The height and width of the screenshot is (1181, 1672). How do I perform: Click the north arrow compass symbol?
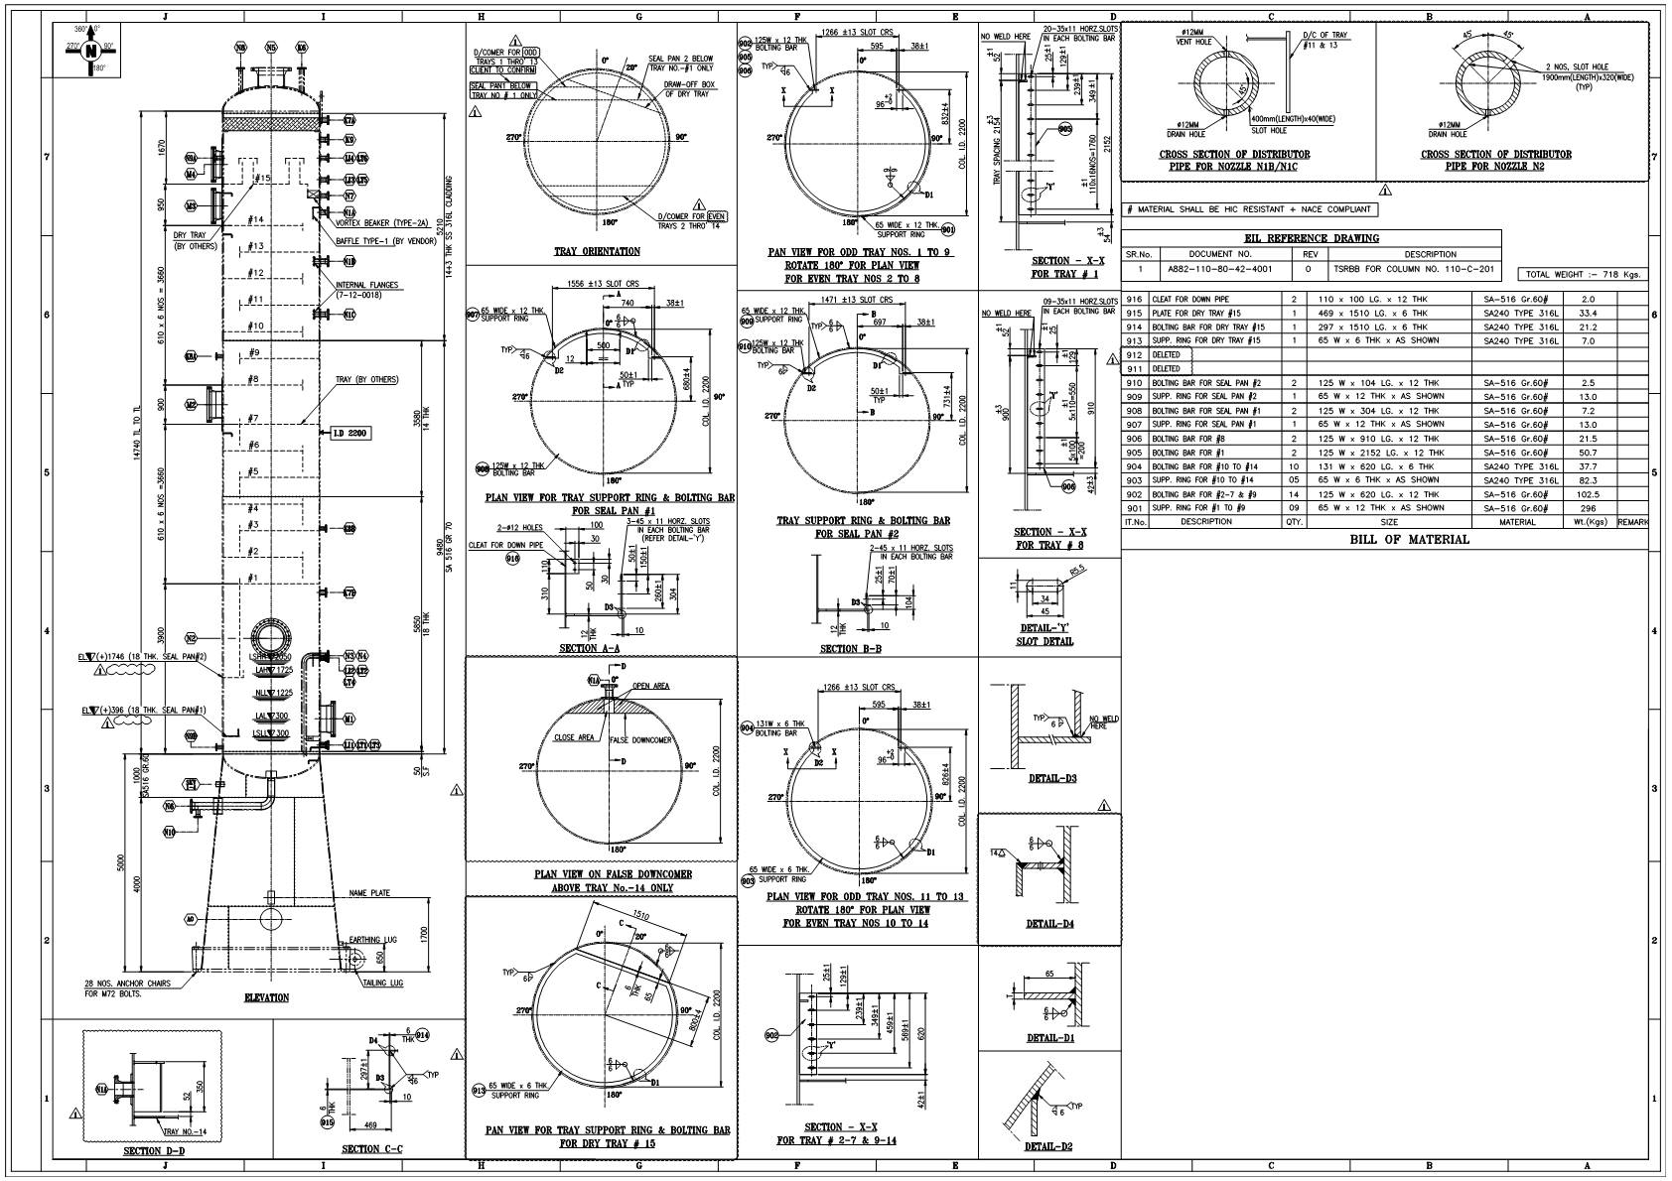(x=90, y=50)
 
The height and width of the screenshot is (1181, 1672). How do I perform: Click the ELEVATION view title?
(x=267, y=997)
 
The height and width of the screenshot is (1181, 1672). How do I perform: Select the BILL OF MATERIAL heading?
(x=1409, y=540)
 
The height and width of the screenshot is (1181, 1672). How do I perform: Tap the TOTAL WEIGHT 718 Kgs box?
(x=1583, y=274)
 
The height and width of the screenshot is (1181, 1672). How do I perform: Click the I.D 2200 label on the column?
(x=346, y=433)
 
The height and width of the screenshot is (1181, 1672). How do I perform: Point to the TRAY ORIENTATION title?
(x=597, y=251)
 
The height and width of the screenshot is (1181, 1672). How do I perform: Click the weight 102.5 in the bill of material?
(x=1588, y=494)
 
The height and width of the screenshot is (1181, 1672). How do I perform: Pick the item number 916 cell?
(x=1135, y=299)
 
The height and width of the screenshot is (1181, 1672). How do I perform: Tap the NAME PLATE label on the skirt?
(x=369, y=893)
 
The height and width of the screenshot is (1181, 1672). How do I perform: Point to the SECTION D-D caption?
(x=154, y=1151)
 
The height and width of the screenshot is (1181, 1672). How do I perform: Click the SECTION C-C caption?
(x=371, y=1150)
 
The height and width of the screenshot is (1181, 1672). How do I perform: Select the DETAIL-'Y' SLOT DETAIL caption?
(x=1045, y=634)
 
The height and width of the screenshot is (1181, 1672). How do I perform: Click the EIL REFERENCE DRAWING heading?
(x=1311, y=238)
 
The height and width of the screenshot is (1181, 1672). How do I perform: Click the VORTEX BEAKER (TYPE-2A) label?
(x=375, y=223)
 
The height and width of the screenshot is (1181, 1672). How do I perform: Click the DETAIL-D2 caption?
(x=1050, y=1147)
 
